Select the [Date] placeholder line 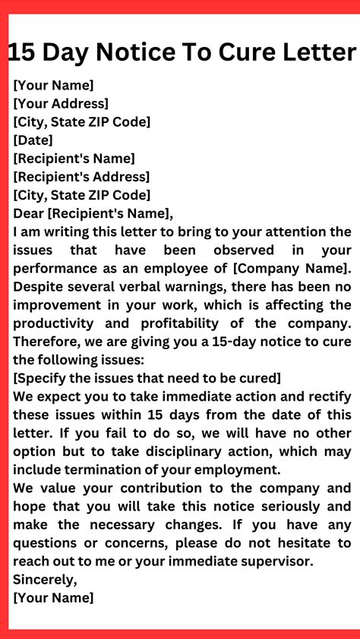pyautogui.click(x=33, y=140)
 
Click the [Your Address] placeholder pyautogui.click(x=61, y=103)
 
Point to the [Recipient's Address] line pyautogui.click(x=81, y=177)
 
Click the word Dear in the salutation pyautogui.click(x=29, y=213)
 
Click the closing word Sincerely pyautogui.click(x=43, y=579)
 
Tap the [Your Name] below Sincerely pyautogui.click(x=53, y=597)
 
